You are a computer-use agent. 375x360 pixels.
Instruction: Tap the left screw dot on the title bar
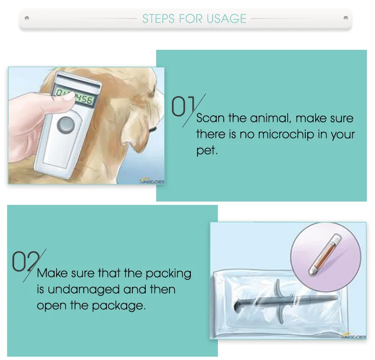point(27,19)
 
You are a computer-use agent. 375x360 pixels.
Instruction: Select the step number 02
point(24,262)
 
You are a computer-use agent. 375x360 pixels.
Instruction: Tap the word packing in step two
point(168,273)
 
